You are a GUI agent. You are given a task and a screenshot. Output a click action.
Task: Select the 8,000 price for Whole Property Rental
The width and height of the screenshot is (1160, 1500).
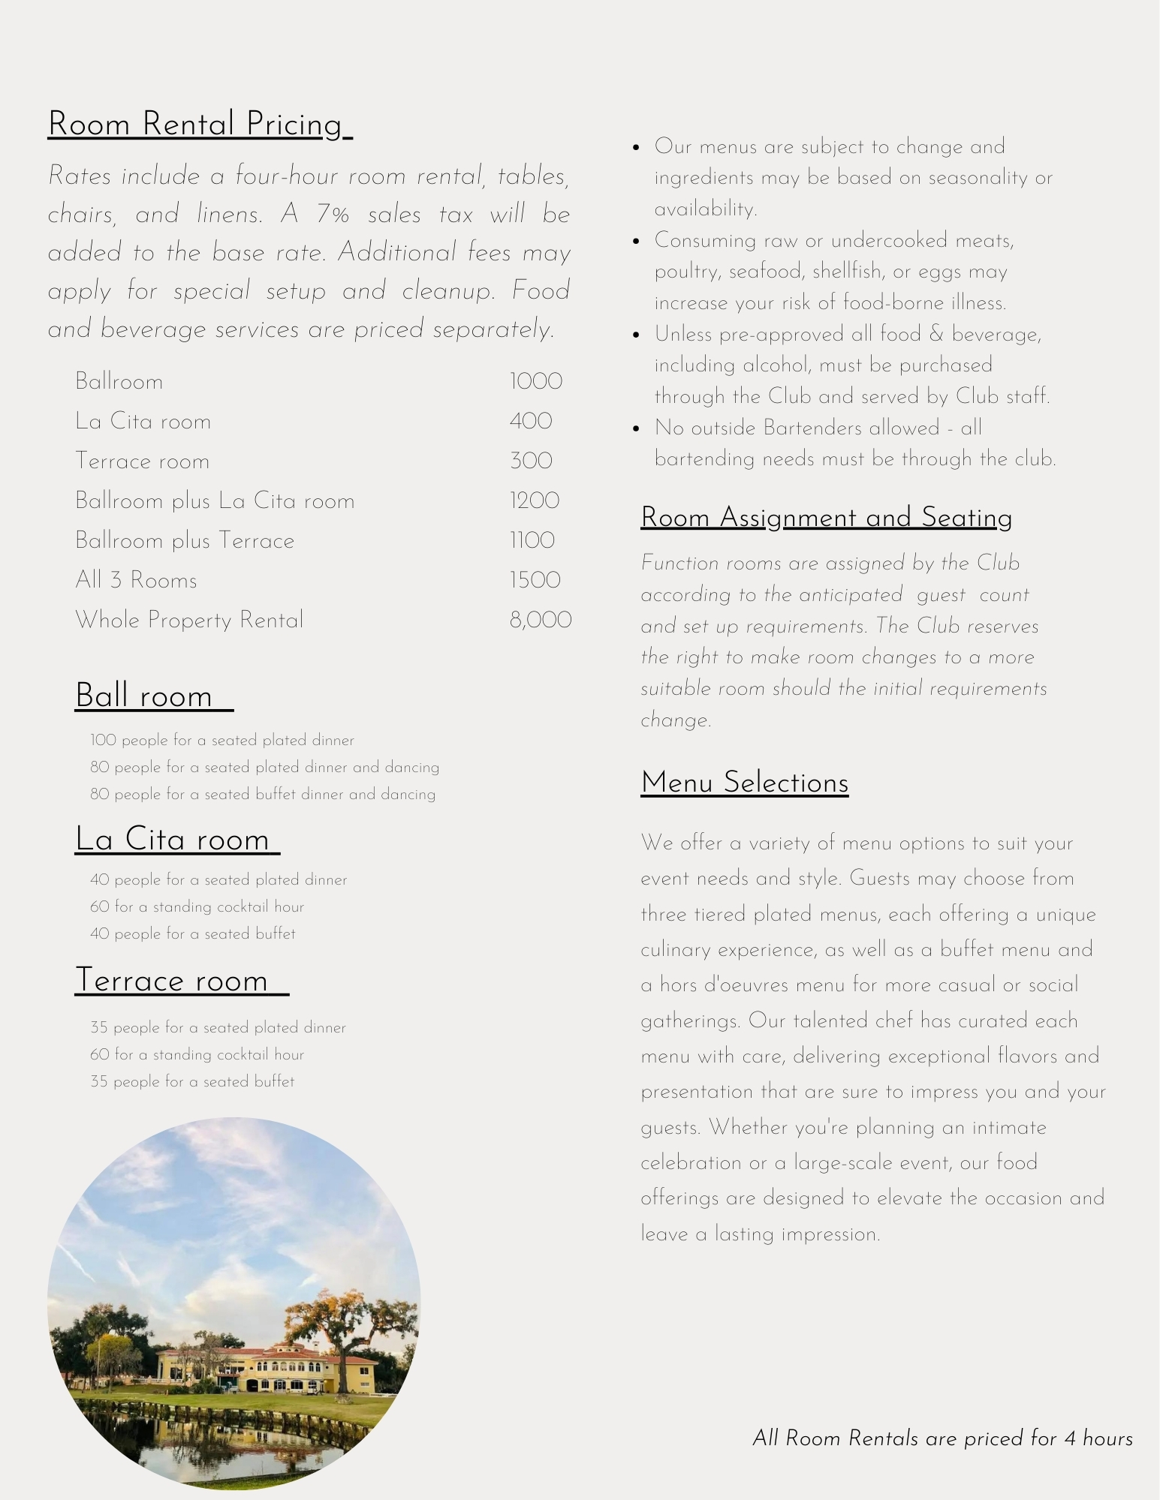click(540, 620)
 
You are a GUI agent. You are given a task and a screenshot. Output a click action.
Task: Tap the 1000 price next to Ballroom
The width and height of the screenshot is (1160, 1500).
click(535, 381)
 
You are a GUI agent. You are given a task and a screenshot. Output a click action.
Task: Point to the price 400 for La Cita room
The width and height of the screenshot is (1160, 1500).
click(530, 421)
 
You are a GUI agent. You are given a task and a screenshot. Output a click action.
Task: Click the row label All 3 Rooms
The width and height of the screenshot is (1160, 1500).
click(136, 580)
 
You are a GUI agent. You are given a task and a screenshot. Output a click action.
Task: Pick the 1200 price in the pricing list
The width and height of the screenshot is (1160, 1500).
click(534, 501)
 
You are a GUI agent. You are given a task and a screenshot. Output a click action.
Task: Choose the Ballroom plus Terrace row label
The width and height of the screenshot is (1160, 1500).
click(185, 540)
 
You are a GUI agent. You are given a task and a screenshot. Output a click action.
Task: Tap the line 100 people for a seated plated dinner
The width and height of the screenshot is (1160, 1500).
click(222, 740)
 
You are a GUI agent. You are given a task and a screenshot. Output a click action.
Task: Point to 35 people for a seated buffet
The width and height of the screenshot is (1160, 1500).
click(192, 1081)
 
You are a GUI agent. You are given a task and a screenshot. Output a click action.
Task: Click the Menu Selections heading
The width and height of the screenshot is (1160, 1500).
click(744, 783)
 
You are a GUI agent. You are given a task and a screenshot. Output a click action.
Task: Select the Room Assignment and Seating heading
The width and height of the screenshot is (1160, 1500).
click(826, 518)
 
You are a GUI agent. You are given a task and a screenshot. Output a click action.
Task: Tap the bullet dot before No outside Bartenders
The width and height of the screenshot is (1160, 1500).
click(636, 428)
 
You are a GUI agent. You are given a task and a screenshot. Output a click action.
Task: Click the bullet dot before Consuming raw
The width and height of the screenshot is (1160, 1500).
click(636, 241)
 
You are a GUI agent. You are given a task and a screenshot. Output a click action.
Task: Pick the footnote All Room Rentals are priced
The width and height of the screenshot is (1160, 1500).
click(942, 1438)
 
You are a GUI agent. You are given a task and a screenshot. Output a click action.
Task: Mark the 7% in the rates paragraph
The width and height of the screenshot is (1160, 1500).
click(333, 215)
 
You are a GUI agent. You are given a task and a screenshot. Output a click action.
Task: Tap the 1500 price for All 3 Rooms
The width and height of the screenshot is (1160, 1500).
click(535, 580)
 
